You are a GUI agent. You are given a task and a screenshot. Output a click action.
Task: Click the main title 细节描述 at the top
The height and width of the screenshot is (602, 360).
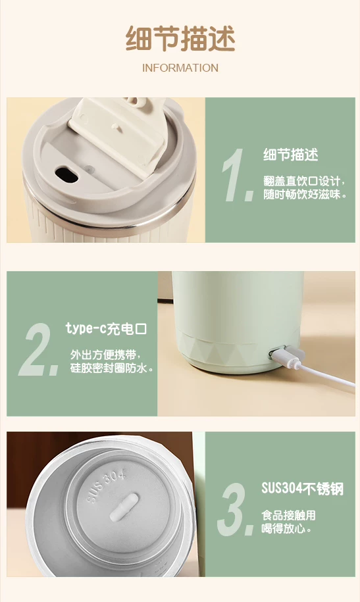click(x=180, y=38)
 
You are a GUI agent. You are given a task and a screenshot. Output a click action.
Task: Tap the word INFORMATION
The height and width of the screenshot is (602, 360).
click(x=180, y=68)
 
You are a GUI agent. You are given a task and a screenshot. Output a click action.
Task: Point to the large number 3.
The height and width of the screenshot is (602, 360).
click(x=236, y=509)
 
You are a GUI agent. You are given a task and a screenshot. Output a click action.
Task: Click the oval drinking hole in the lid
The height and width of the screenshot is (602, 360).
click(x=66, y=174)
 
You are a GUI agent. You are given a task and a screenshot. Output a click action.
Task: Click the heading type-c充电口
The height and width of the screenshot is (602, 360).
click(x=106, y=329)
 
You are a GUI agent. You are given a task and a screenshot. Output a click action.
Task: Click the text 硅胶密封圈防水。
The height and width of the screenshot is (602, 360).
click(x=112, y=368)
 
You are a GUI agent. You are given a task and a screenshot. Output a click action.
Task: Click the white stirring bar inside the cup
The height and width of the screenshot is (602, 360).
click(x=124, y=507)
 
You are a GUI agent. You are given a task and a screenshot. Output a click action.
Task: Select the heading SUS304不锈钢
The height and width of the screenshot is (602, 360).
click(x=302, y=488)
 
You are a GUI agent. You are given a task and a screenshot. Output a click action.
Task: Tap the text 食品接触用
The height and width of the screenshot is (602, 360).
click(x=288, y=515)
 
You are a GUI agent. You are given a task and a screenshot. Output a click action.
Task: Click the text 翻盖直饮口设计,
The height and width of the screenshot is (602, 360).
click(x=304, y=181)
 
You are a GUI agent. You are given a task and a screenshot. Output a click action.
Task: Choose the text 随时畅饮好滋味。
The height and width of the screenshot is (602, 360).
click(x=305, y=194)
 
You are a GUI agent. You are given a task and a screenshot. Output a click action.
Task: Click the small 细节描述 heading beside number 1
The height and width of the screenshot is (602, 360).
click(x=291, y=155)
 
